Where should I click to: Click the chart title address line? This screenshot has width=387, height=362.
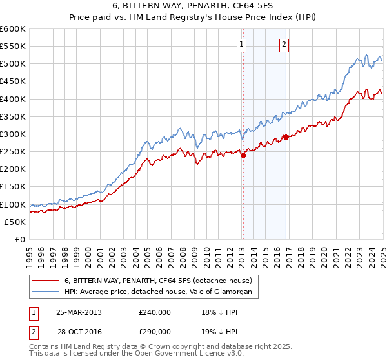pos(193,6)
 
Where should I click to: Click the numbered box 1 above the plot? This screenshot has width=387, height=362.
pos(241,45)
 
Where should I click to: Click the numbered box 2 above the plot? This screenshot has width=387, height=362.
pos(284,45)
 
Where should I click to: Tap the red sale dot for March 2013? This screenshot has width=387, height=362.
pos(243,155)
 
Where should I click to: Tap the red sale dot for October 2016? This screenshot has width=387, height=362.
pos(286,137)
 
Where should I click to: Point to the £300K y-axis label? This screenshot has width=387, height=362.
pos(13,134)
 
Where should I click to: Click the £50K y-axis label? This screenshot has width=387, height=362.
pos(15,222)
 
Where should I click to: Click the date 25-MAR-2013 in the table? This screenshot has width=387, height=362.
pos(79,312)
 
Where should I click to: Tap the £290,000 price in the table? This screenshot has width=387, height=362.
pos(155,331)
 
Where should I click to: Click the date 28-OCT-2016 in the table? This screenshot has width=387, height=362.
pos(79,331)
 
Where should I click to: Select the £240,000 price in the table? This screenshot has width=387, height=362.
pos(155,312)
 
